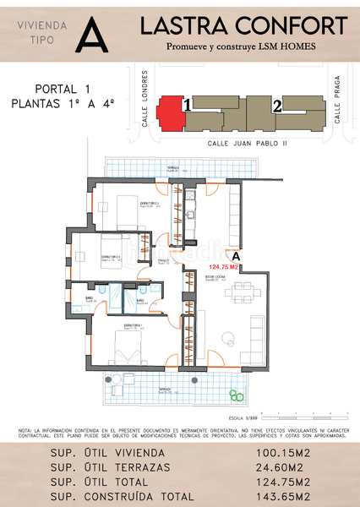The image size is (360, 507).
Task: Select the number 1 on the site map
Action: click(187, 106)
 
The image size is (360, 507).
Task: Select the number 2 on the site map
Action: click(276, 106)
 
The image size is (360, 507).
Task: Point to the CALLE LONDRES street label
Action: click(145, 107)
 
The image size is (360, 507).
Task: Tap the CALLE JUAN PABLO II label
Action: click(248, 144)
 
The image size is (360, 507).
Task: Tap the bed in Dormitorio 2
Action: click(126, 210)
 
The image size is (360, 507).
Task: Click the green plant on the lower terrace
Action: click(236, 395)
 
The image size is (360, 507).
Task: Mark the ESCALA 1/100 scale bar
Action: click(304, 416)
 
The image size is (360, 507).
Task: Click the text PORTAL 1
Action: click(63, 89)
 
